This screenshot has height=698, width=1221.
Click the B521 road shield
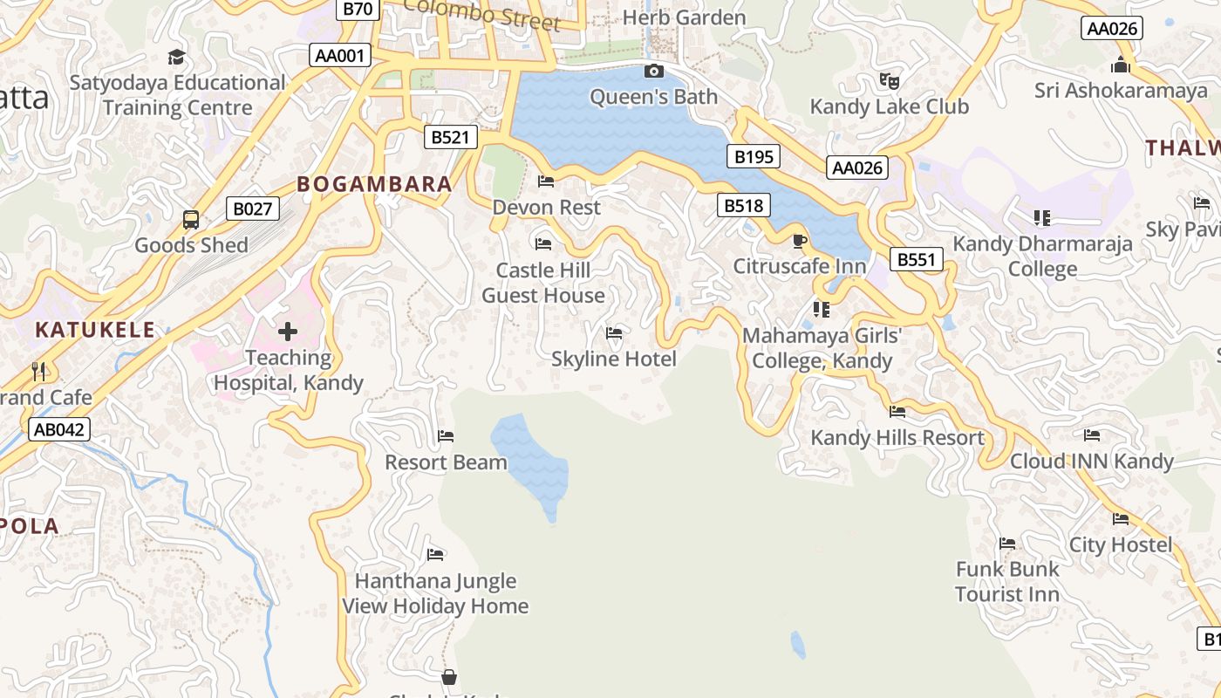(x=451, y=137)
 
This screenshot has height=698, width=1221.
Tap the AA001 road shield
(x=340, y=56)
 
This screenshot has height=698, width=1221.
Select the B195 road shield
(x=754, y=157)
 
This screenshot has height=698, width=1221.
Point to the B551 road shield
(x=917, y=259)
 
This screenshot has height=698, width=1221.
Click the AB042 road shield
(x=59, y=429)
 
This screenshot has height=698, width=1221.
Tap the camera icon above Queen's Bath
(x=653, y=72)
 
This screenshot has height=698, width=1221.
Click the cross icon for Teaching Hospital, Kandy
(x=288, y=332)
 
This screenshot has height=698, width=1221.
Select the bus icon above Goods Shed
(x=191, y=220)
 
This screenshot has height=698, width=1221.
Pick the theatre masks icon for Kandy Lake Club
(x=889, y=81)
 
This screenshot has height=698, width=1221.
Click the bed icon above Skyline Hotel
(x=614, y=333)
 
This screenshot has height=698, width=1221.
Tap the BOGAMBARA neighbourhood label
(x=374, y=184)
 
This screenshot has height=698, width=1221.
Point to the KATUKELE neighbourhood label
(x=94, y=330)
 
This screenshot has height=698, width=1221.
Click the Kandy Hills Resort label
(x=897, y=437)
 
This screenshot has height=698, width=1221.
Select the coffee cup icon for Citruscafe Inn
(x=799, y=241)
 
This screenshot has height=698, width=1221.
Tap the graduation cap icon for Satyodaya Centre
(x=177, y=58)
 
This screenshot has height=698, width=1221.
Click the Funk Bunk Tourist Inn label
(x=1007, y=581)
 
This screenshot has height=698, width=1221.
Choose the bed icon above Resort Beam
(x=446, y=436)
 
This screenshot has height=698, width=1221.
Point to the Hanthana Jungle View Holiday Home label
(x=435, y=593)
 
